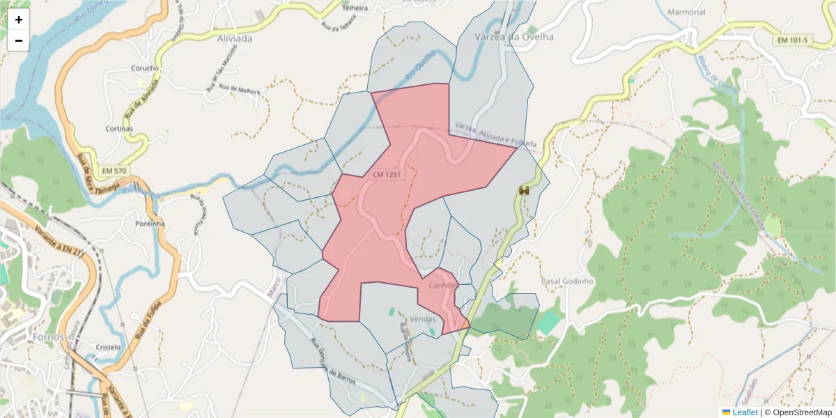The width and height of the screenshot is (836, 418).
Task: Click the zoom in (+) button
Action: (19, 20)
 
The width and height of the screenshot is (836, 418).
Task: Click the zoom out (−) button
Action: (19, 40)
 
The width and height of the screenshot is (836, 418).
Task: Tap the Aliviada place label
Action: (234, 39)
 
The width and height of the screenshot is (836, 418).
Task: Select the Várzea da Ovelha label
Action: (513, 37)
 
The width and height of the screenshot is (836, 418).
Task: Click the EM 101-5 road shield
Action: (793, 40)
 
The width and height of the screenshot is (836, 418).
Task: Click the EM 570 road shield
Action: (114, 171)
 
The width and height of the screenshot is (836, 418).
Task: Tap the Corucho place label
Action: (145, 68)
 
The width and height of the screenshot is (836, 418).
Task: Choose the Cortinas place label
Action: (118, 129)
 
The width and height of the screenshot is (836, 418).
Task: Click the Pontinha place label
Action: (150, 224)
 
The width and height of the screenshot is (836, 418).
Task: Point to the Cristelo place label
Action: (108, 347)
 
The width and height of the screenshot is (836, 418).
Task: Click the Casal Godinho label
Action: (566, 281)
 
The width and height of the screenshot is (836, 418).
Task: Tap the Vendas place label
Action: (422, 319)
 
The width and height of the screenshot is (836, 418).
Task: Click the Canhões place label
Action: (442, 285)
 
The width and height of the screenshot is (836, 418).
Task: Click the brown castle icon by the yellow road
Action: (525, 190)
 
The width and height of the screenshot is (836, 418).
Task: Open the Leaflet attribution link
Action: (744, 412)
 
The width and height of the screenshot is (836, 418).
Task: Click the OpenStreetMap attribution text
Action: (798, 412)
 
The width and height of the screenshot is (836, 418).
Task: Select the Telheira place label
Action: (355, 8)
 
